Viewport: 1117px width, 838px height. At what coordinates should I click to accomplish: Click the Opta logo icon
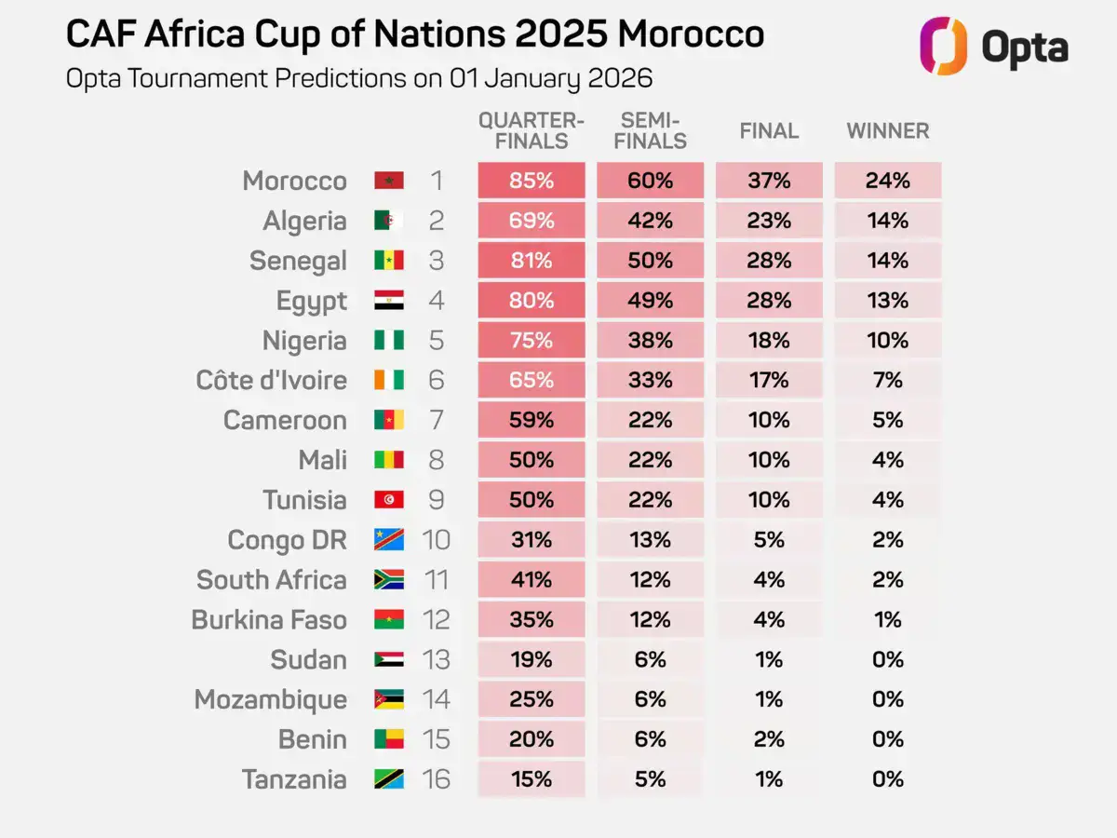[x=943, y=46]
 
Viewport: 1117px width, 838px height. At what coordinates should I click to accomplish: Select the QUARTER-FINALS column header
[x=532, y=130]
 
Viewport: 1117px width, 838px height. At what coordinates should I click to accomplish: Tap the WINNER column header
[x=888, y=130]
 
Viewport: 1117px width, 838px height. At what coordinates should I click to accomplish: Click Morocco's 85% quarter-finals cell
[x=532, y=180]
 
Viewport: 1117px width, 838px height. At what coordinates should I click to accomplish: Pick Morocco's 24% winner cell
[x=888, y=180]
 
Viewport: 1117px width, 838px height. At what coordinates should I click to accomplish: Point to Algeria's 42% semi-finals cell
[x=651, y=221]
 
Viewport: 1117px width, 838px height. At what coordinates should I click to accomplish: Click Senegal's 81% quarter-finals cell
[x=532, y=260]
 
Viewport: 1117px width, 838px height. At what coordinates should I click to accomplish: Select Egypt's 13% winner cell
[x=888, y=300]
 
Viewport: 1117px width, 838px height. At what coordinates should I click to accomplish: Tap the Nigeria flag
[x=389, y=340]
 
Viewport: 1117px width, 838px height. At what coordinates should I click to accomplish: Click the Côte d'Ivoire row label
[x=271, y=380]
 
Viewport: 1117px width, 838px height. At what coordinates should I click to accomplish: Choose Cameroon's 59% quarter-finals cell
[x=532, y=420]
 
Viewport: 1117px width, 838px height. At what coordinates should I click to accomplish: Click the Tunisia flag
[x=389, y=500]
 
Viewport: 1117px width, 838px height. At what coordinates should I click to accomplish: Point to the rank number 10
[x=437, y=540]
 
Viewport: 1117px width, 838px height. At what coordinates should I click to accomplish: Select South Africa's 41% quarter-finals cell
[x=532, y=579]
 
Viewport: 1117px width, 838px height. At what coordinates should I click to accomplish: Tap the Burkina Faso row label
[x=269, y=620]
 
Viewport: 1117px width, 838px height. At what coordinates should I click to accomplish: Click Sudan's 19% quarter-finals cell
[x=532, y=659]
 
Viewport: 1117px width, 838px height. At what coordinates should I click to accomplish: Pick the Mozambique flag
[x=389, y=699]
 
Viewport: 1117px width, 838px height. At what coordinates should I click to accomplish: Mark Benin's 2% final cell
[x=769, y=739]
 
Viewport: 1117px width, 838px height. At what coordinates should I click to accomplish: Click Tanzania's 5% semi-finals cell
[x=651, y=779]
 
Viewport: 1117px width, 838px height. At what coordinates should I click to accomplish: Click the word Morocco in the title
[x=691, y=34]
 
